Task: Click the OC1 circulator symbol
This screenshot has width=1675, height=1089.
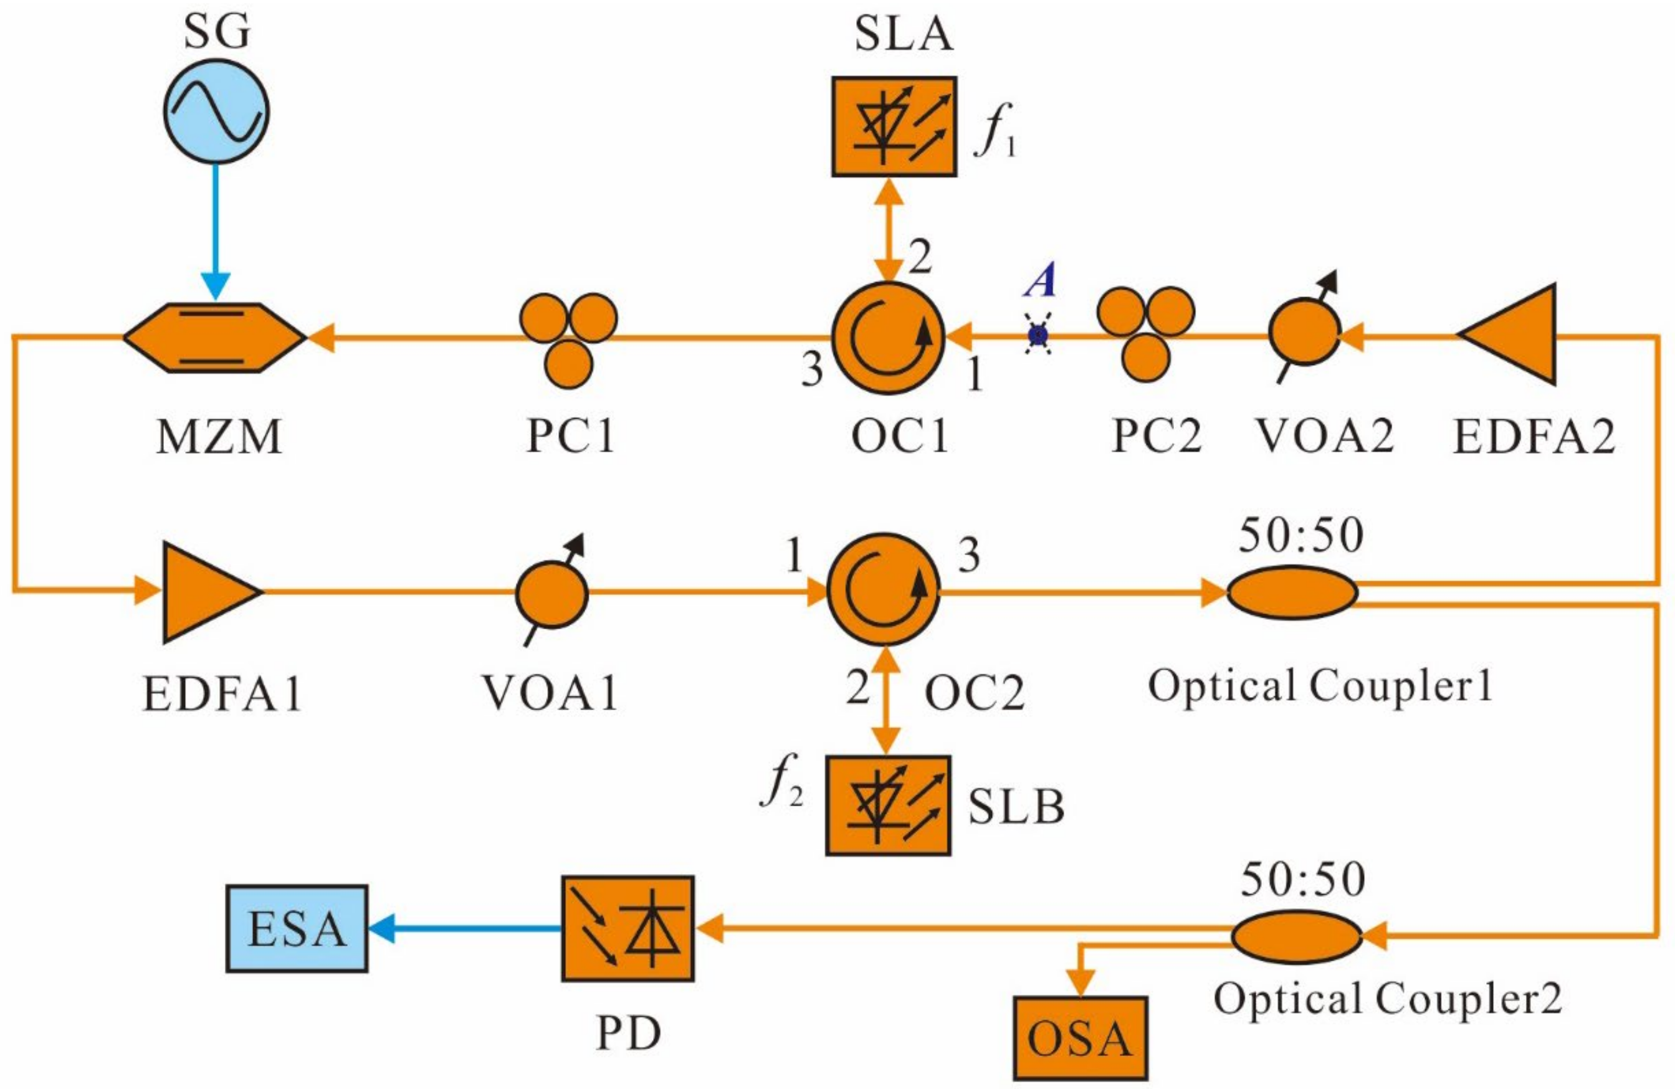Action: [x=888, y=338]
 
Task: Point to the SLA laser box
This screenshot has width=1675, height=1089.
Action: [x=894, y=126]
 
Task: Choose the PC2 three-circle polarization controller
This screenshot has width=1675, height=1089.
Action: [x=1147, y=333]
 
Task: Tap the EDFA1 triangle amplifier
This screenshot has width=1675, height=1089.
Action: [x=204, y=592]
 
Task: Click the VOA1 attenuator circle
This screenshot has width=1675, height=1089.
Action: [x=551, y=592]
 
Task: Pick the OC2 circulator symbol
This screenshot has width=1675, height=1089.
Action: [x=882, y=592]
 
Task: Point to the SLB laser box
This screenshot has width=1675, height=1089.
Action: [x=888, y=805]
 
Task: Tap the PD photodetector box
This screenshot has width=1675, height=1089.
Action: [x=628, y=929]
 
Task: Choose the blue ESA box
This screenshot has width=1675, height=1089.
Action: [x=297, y=929]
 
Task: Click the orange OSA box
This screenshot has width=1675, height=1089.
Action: [x=1081, y=1039]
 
